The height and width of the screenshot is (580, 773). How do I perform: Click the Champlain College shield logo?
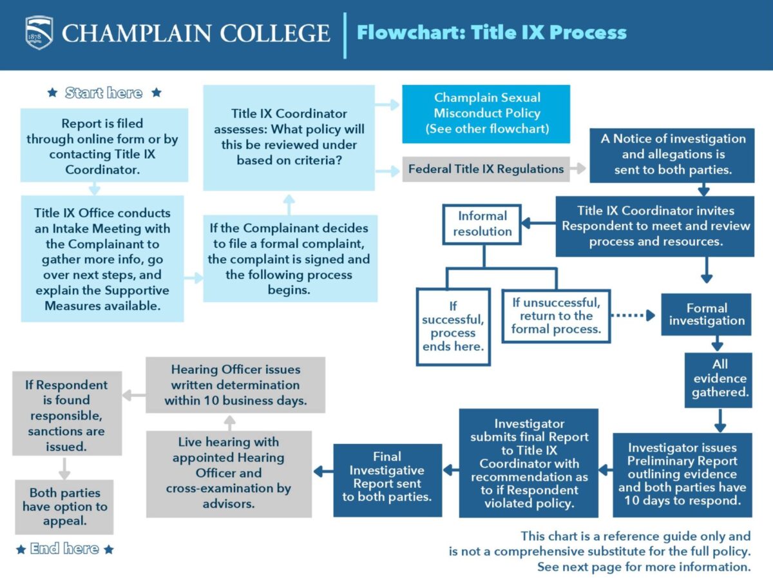[x=39, y=32]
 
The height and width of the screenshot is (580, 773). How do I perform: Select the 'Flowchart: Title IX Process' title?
[x=491, y=32]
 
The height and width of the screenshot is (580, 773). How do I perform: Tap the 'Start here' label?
[x=104, y=93]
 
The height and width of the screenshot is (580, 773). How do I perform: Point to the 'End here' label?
[x=64, y=549]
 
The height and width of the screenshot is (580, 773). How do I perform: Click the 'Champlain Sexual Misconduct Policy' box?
[x=486, y=113]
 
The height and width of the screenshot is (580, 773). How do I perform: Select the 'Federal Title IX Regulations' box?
[x=486, y=169]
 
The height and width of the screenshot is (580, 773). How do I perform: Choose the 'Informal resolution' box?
[x=482, y=224]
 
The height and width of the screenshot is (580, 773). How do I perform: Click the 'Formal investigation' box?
[x=706, y=314]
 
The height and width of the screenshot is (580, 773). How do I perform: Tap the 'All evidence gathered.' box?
[x=719, y=379]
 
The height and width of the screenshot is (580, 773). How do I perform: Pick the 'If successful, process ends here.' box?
[x=453, y=327]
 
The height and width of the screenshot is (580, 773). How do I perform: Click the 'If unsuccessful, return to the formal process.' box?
[x=556, y=315]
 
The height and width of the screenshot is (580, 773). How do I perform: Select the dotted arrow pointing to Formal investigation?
[x=632, y=315]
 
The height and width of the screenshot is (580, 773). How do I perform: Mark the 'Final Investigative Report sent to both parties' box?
[x=387, y=477]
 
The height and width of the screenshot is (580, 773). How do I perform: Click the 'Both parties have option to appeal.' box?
[x=64, y=507]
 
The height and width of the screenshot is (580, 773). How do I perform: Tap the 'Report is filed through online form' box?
[x=103, y=146]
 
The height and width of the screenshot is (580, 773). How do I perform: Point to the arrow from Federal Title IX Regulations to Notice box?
[x=578, y=169]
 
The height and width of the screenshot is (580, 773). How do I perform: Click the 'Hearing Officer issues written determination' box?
[x=235, y=385]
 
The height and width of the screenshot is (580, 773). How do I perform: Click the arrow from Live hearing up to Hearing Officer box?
[x=230, y=422]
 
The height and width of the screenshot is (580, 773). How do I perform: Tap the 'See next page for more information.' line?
[x=644, y=567]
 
